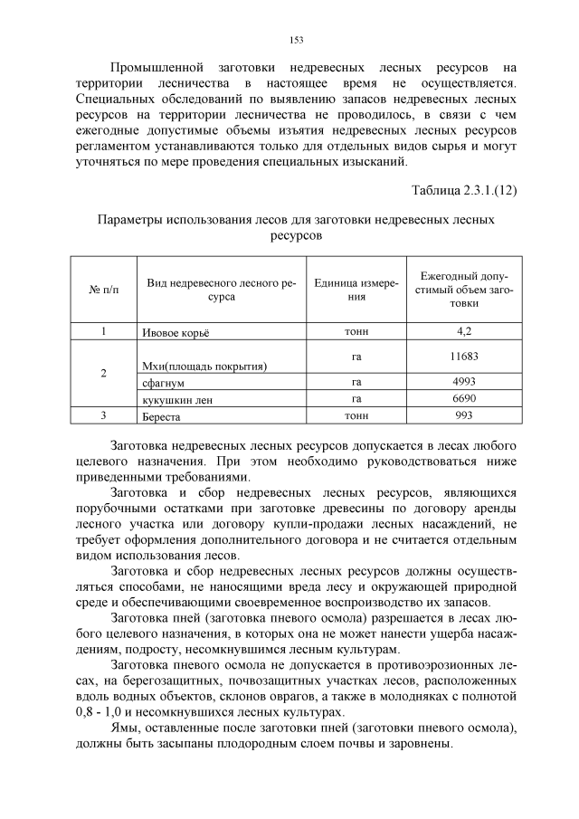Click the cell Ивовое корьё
click(x=176, y=332)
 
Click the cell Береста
click(x=162, y=416)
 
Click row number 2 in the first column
click(x=103, y=374)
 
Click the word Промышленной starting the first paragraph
click(x=156, y=67)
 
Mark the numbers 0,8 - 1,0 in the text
click(x=99, y=712)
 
